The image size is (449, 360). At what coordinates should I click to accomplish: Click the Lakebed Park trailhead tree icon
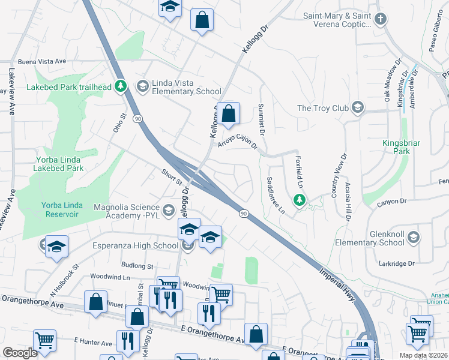point(121,86)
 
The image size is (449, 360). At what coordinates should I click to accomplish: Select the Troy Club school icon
point(358,108)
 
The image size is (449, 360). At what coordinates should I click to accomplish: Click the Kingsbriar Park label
point(397,147)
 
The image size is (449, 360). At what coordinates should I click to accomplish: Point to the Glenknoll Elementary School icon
point(413,238)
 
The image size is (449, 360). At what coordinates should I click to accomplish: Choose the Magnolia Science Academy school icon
point(168,209)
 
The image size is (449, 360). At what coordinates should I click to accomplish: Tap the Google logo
point(20,352)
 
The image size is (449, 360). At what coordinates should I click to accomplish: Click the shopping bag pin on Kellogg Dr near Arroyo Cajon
point(228,113)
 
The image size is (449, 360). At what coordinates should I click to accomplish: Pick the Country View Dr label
point(339,176)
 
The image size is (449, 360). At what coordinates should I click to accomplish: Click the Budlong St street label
point(137,265)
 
